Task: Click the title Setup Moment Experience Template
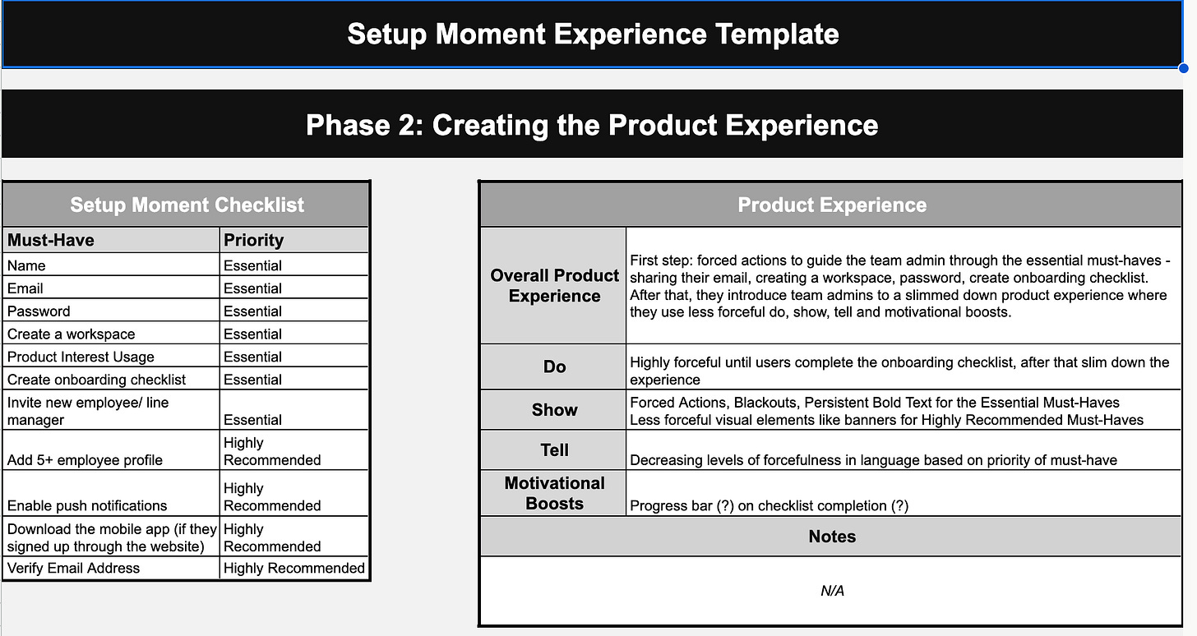(593, 35)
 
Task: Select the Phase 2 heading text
(592, 125)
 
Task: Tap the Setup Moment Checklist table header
(187, 205)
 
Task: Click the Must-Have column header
(51, 240)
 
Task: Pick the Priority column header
(253, 240)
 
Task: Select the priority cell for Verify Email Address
(294, 568)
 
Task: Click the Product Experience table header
(832, 205)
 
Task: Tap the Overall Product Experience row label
(554, 286)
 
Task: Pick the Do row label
(554, 366)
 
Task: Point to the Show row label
(554, 409)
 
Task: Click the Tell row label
(554, 450)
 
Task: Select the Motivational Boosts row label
(554, 493)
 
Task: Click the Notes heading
(832, 536)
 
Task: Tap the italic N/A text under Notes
(832, 591)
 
